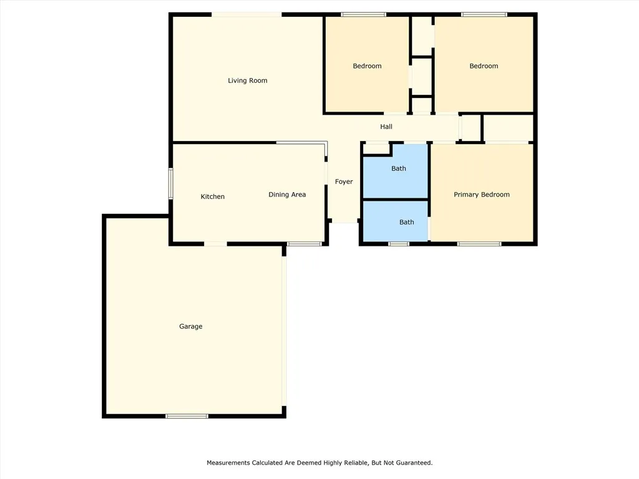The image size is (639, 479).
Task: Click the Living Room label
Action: [247, 80]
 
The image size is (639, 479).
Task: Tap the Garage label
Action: [190, 326]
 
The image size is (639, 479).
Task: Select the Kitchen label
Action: [212, 196]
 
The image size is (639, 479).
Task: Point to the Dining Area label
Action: [287, 195]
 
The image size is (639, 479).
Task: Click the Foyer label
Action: [344, 181]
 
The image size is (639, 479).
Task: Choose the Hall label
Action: [386, 127]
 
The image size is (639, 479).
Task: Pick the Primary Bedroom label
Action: [481, 195]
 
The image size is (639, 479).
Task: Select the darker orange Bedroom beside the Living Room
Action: [366, 66]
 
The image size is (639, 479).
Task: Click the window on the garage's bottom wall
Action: [187, 416]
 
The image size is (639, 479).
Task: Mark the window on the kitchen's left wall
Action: [170, 184]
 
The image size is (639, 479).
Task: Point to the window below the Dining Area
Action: [305, 244]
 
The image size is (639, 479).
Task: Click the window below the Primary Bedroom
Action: [479, 244]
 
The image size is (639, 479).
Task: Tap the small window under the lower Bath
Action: [399, 244]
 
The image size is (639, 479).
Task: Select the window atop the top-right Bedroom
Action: [484, 14]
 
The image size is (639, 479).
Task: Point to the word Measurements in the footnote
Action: [228, 463]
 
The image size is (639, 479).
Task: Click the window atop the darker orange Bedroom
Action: [363, 14]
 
